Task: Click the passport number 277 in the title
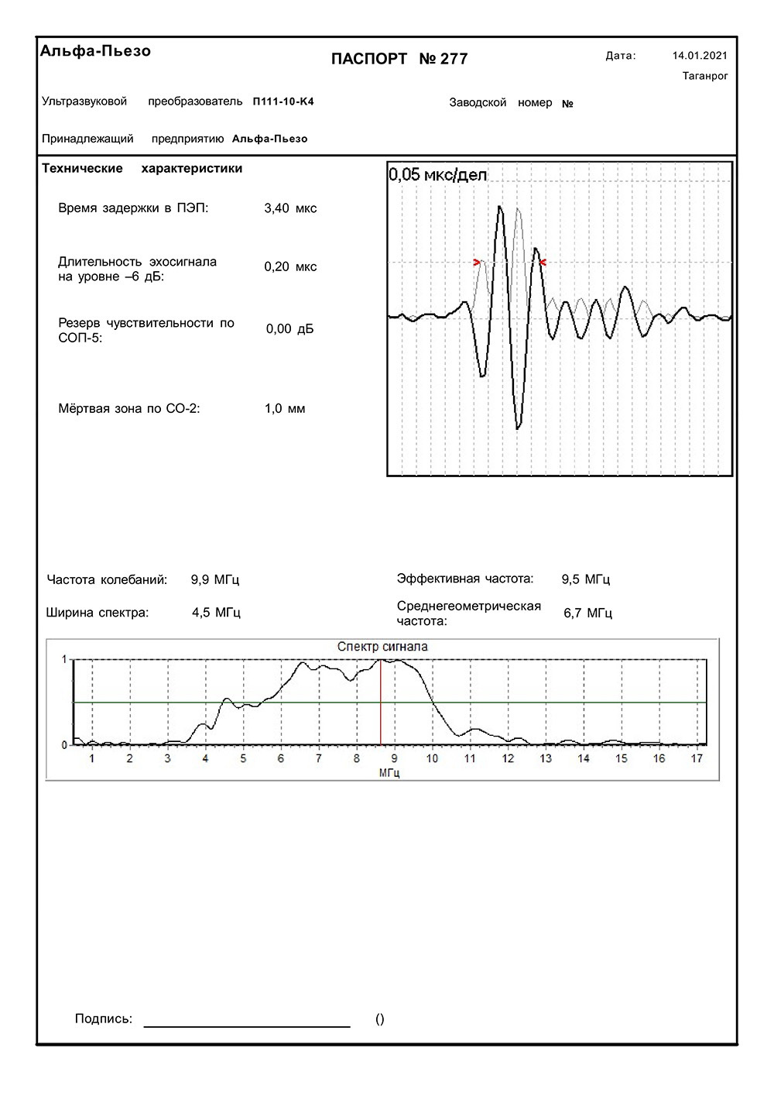tap(454, 59)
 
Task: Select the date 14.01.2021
tap(700, 56)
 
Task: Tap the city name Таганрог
tap(705, 76)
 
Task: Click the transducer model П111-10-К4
tap(283, 101)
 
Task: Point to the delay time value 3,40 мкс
tap(290, 208)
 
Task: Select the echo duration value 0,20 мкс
tap(290, 266)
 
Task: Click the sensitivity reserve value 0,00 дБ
tap(290, 329)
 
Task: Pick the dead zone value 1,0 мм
tap(285, 409)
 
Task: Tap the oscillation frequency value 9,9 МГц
tap(215, 579)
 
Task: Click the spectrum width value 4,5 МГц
tap(216, 613)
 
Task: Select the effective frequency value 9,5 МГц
tap(586, 579)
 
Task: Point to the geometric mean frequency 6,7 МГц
tap(587, 613)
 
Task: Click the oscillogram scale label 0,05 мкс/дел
tap(438, 175)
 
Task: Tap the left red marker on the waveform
tap(477, 263)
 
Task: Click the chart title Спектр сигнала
tap(382, 647)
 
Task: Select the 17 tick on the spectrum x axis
tap(697, 758)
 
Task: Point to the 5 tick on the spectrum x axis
tap(243, 758)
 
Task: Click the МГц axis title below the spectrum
tap(389, 772)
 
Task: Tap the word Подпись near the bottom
tap(104, 1019)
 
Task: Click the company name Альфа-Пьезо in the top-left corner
tap(95, 51)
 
